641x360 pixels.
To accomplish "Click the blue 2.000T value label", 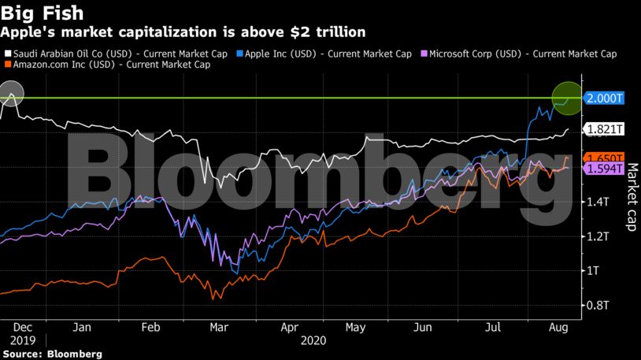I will coord(605,98).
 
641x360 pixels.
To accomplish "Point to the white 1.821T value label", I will coord(605,129).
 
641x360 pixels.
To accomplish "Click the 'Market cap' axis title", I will coord(631,197).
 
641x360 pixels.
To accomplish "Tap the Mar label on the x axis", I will coord(220,326).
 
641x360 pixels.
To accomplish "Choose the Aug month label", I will coord(558,326).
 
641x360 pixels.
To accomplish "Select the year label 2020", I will coord(313,341).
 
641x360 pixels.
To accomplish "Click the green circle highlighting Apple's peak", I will coord(566,98).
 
